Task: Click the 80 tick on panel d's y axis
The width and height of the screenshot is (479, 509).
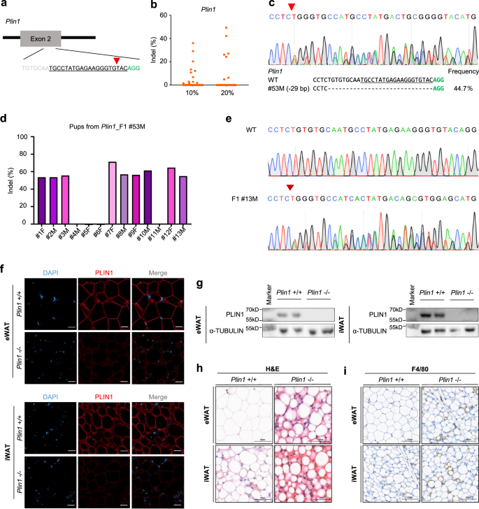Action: tap(23, 155)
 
